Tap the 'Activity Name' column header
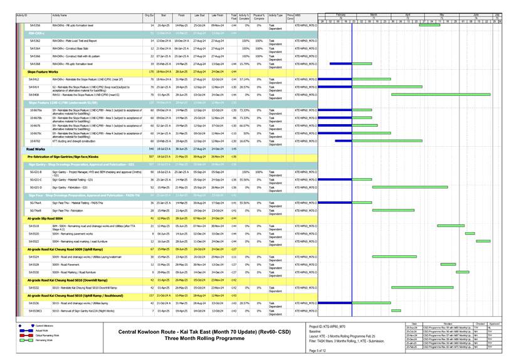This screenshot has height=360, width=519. tap(61, 14)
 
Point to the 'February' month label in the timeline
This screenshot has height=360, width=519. tap(340, 14)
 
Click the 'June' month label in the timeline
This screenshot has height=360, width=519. tap(476, 14)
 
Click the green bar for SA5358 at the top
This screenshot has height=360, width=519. tap(429, 25)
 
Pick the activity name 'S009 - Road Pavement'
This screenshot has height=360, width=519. tap(66, 264)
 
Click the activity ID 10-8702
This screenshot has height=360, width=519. tap(36, 141)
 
